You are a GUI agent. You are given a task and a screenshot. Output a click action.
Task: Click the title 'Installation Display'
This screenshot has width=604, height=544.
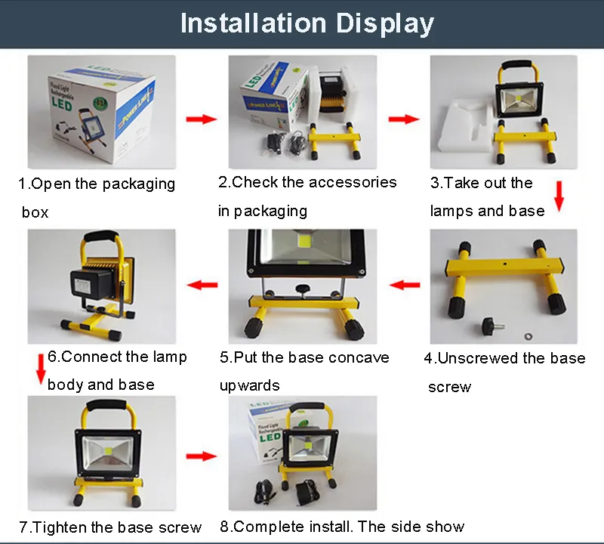point(307,23)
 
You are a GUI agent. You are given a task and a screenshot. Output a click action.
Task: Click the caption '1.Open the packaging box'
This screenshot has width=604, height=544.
point(96,196)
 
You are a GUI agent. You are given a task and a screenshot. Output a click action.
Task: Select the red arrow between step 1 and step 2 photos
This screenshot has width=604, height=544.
point(201,119)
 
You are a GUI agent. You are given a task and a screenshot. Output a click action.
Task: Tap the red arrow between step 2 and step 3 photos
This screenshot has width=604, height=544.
point(404,119)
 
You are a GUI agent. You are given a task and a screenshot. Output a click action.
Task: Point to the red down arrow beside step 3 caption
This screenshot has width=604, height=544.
point(559,196)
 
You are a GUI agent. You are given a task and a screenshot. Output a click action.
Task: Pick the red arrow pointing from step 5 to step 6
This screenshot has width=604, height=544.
point(202,285)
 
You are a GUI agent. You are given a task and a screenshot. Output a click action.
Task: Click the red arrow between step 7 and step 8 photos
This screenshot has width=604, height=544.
point(201,456)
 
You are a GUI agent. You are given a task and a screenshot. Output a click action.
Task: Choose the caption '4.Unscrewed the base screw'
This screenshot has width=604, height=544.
point(504,372)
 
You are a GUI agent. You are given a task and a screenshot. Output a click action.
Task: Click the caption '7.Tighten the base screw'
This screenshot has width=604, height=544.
point(110,527)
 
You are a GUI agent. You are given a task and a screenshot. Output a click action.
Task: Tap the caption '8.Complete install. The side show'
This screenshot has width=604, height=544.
point(342,526)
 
